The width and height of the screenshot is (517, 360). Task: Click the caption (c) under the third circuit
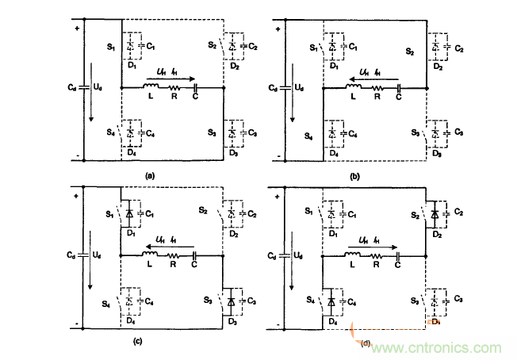pos(139,342)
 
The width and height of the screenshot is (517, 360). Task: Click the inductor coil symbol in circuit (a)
pos(151,86)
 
